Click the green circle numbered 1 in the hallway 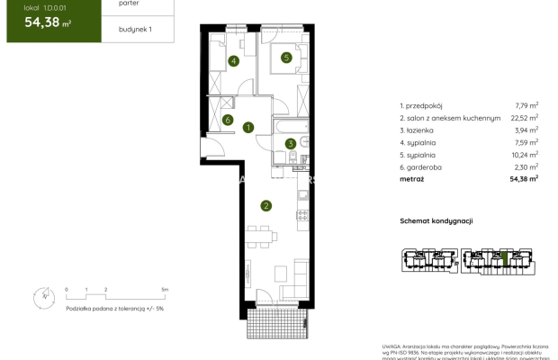click(247, 128)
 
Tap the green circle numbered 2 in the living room click(265, 205)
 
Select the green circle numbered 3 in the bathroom click(291, 142)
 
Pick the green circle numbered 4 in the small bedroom click(233, 61)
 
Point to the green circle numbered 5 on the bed click(286, 58)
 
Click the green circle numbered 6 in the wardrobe click(229, 120)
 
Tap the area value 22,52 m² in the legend click(526, 117)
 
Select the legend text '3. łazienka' click(418, 130)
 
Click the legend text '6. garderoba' click(422, 166)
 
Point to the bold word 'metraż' click(412, 179)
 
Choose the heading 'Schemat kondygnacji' click(436, 220)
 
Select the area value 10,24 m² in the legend click(526, 154)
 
